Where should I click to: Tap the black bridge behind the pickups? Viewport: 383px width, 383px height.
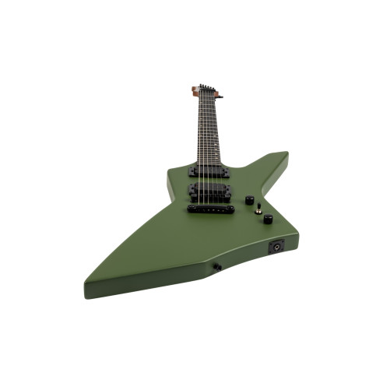[x=211, y=208]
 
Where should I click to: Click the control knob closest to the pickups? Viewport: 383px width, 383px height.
[x=250, y=200]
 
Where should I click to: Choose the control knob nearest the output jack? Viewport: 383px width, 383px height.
[x=267, y=219]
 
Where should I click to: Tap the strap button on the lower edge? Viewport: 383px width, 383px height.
[x=217, y=267]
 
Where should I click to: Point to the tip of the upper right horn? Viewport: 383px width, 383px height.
[x=286, y=153]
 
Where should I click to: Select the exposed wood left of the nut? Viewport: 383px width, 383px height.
[x=194, y=92]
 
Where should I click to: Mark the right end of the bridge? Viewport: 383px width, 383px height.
[x=232, y=209]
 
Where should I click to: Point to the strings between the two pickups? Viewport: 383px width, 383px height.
[x=209, y=181]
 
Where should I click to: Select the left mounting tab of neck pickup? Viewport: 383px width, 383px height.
[x=191, y=170]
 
